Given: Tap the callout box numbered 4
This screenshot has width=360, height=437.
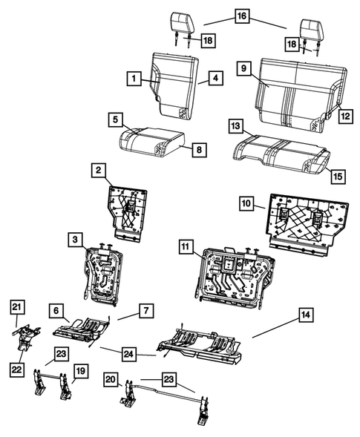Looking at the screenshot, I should pos(214,76).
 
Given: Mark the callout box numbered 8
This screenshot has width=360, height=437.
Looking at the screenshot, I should pos(199,150).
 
